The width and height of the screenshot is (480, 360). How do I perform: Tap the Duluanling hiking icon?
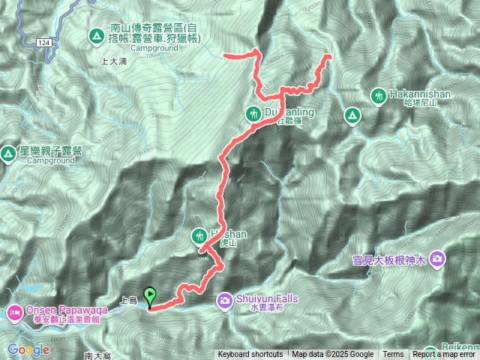253,113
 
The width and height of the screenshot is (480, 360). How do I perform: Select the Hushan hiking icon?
199,235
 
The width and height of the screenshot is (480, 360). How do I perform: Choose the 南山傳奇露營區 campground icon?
96,35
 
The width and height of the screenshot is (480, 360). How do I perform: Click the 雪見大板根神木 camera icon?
437,259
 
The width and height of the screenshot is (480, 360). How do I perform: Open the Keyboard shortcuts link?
250,355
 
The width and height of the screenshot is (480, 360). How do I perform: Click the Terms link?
393,355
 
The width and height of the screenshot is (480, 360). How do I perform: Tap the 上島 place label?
128,301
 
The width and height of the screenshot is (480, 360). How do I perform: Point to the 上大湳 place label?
112,64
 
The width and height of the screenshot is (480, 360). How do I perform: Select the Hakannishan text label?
419,95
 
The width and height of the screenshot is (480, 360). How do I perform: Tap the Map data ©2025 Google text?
332,355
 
